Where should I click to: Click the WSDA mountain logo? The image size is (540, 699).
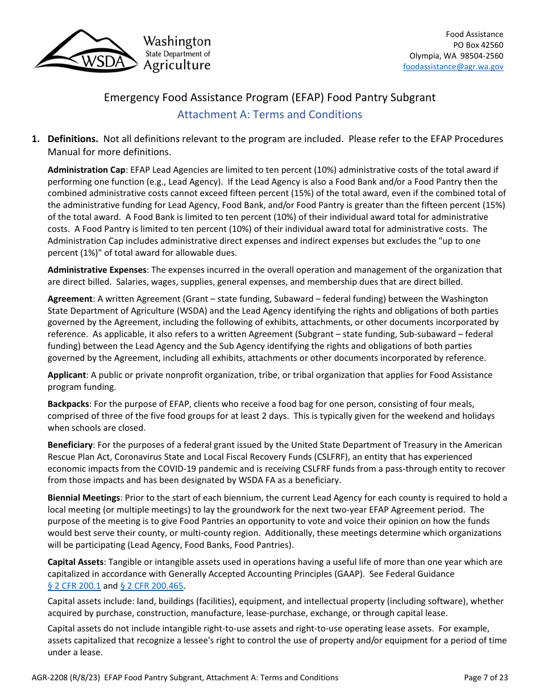point(85,52)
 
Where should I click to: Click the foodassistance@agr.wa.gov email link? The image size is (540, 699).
point(453,66)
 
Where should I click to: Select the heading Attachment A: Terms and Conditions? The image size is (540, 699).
point(269,115)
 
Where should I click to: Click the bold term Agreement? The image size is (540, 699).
point(69,299)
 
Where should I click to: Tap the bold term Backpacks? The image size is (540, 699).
point(68,404)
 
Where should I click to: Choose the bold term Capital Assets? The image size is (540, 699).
point(75,562)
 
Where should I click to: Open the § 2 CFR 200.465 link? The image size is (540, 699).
point(152,586)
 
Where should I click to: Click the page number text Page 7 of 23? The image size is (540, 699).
point(485,677)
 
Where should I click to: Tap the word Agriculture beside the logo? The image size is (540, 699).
point(176,65)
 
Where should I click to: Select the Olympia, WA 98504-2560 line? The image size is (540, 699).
point(456,56)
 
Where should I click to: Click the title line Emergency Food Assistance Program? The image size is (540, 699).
point(269,97)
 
